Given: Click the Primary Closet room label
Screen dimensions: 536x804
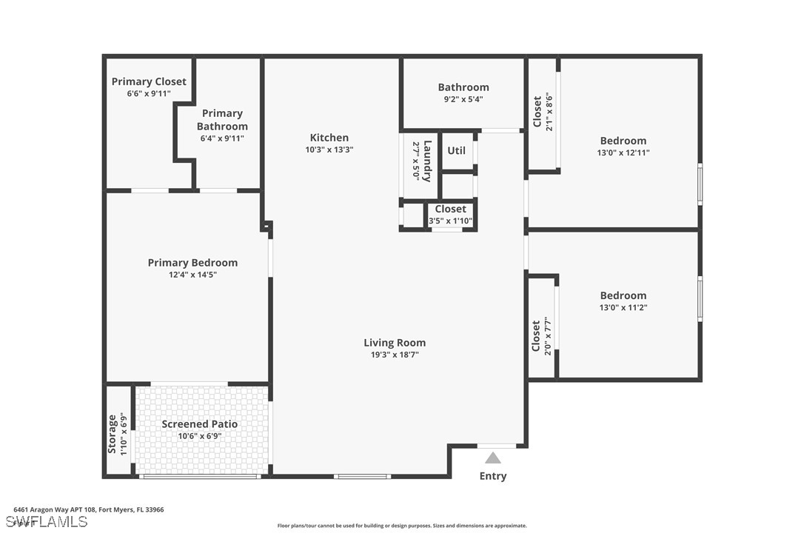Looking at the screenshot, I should (149, 81).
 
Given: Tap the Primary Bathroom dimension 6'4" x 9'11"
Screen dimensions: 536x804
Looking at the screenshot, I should (222, 138).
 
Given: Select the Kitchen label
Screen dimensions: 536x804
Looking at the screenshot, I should (329, 138).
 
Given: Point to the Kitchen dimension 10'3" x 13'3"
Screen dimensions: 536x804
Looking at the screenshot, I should (329, 150).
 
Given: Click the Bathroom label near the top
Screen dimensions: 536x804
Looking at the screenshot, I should (463, 87).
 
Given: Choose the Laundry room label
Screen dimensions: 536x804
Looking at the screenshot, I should (426, 161).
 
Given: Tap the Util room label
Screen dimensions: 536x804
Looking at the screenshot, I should (457, 150).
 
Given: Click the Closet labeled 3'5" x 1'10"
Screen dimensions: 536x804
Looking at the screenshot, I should (450, 209).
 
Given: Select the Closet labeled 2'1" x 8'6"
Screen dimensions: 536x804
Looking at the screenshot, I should (537, 112).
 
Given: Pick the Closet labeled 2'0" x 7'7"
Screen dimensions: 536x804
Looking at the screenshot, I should (537, 337).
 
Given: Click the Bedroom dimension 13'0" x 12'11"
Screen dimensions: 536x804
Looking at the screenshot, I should (623, 153).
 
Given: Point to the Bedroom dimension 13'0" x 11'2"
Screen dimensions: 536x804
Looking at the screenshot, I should (623, 308).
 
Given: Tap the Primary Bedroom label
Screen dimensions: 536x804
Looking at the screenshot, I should (192, 263).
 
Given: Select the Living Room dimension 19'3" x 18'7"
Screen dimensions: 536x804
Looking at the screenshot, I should (395, 355).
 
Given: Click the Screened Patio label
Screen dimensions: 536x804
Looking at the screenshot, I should (200, 424).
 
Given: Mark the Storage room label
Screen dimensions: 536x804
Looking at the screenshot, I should (113, 434).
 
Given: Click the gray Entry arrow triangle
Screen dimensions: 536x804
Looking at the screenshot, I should (493, 458).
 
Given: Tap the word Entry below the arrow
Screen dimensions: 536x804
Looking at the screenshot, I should (493, 476).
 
